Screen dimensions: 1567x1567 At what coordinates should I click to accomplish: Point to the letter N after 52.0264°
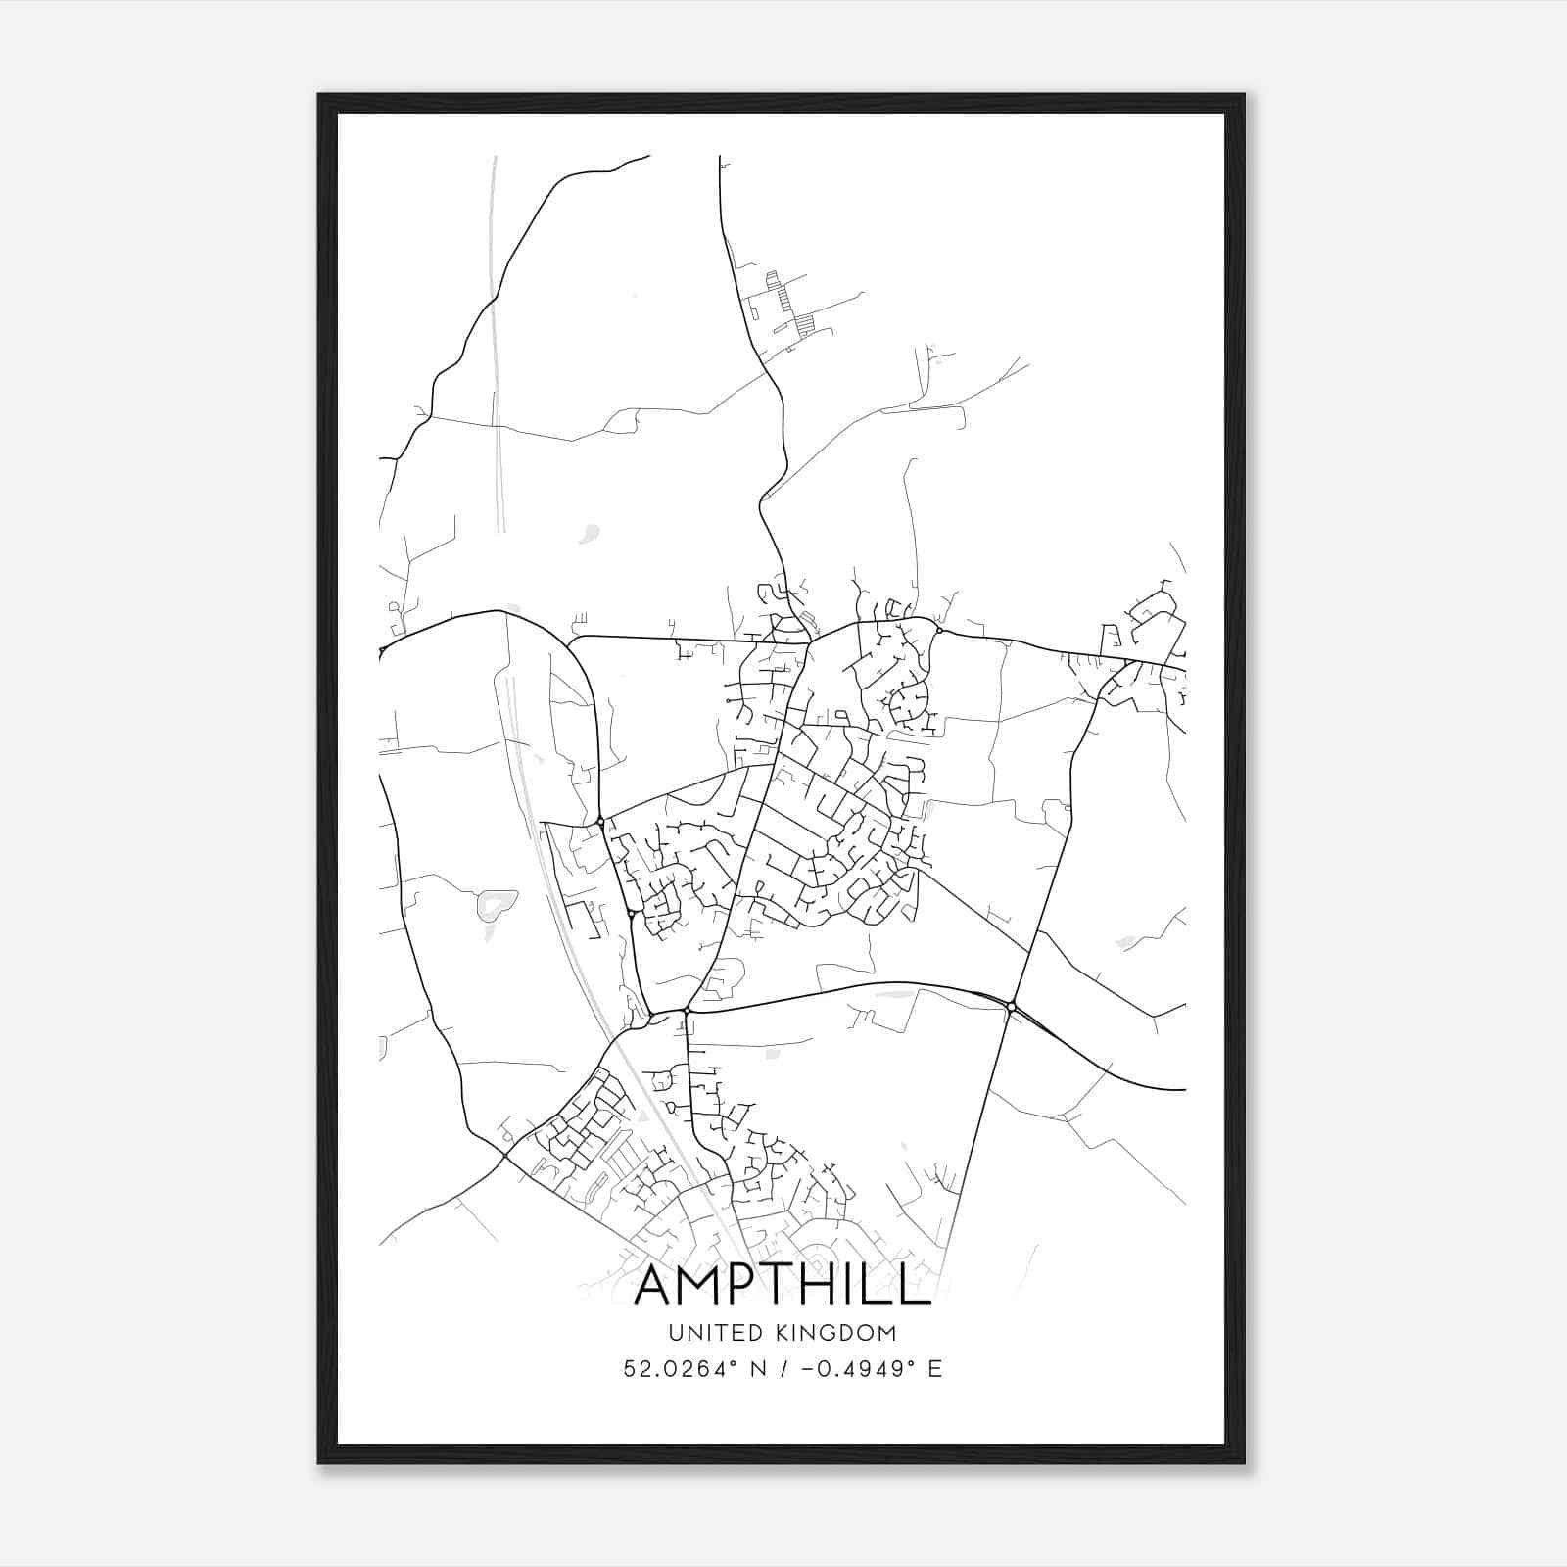click(758, 1368)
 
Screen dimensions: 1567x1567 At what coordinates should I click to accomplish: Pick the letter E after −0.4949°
click(935, 1368)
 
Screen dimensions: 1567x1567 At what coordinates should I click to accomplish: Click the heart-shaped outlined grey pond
click(497, 904)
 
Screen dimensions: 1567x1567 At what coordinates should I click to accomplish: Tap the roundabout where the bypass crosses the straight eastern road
click(1011, 1006)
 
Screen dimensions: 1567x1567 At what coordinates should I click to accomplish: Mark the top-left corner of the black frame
click(319, 95)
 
